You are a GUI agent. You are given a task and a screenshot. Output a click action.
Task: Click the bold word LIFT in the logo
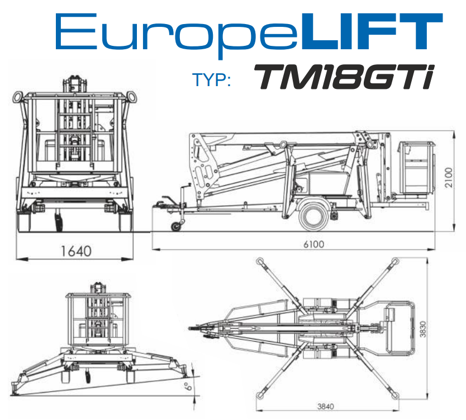coord(372,31)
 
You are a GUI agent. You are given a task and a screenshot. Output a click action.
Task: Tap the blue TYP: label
coord(212,80)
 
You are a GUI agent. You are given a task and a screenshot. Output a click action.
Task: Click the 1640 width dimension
coord(76,251)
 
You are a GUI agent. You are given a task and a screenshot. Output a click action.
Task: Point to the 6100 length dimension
coord(314,244)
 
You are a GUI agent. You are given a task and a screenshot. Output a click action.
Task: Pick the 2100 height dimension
coord(449,178)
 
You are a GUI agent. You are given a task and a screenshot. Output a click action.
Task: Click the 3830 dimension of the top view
coord(422,329)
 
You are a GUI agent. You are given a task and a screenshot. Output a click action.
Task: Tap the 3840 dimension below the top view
coord(325,407)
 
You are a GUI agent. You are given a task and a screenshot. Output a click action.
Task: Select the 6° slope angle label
coord(188,386)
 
